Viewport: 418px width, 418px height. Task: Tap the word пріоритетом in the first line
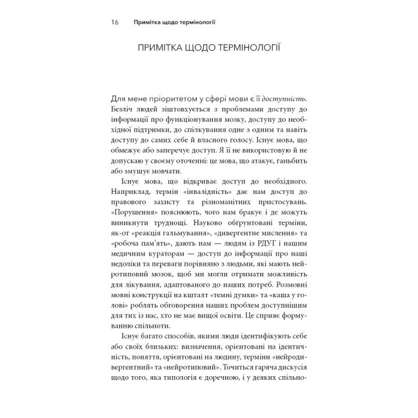pyautogui.click(x=160, y=96)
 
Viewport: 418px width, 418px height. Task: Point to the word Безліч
pyautogui.click(x=121, y=109)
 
